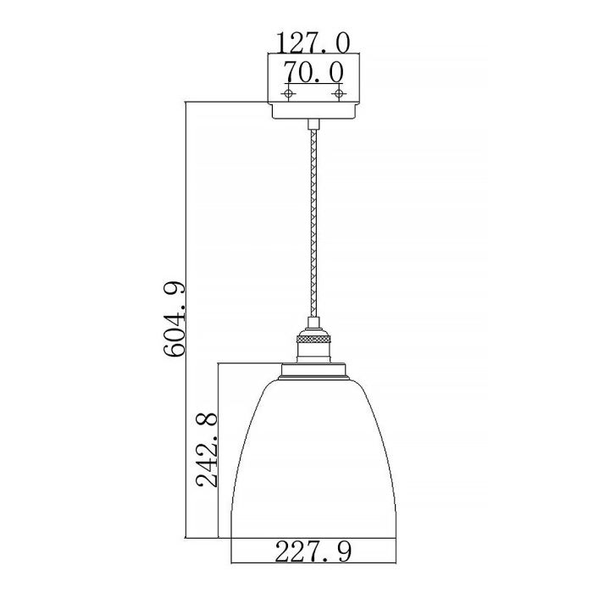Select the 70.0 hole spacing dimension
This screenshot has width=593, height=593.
point(313,71)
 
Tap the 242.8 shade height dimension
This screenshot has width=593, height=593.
point(208,450)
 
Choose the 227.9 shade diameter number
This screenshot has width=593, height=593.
point(313,551)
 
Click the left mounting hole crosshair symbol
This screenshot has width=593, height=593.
point(288,91)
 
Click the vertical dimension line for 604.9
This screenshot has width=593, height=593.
point(185,212)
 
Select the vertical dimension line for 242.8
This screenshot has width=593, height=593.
point(220,508)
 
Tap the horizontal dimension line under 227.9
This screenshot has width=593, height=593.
point(313,564)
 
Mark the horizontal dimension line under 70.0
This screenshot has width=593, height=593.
point(313,84)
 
